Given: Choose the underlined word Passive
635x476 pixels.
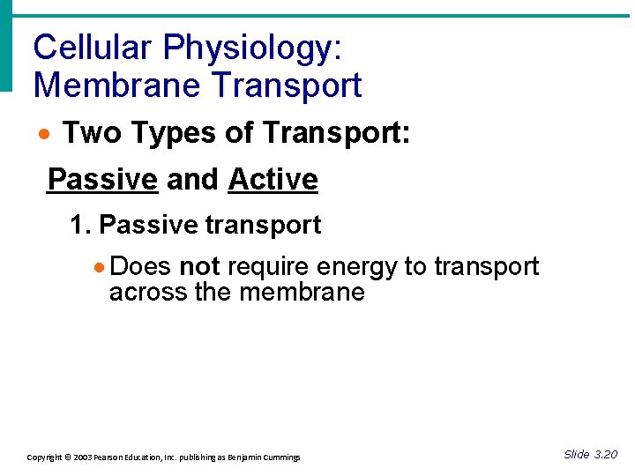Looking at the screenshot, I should point(101,180).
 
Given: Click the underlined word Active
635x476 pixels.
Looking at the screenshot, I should point(273,180).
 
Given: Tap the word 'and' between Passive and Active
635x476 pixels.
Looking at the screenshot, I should point(192,180).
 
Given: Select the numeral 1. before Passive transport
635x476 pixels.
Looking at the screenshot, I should point(80,226).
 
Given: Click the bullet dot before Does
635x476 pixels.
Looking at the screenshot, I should point(102,267).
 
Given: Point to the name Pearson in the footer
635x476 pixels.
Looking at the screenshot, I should point(116,457).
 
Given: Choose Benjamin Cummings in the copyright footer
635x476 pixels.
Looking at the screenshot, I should point(263,457).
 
